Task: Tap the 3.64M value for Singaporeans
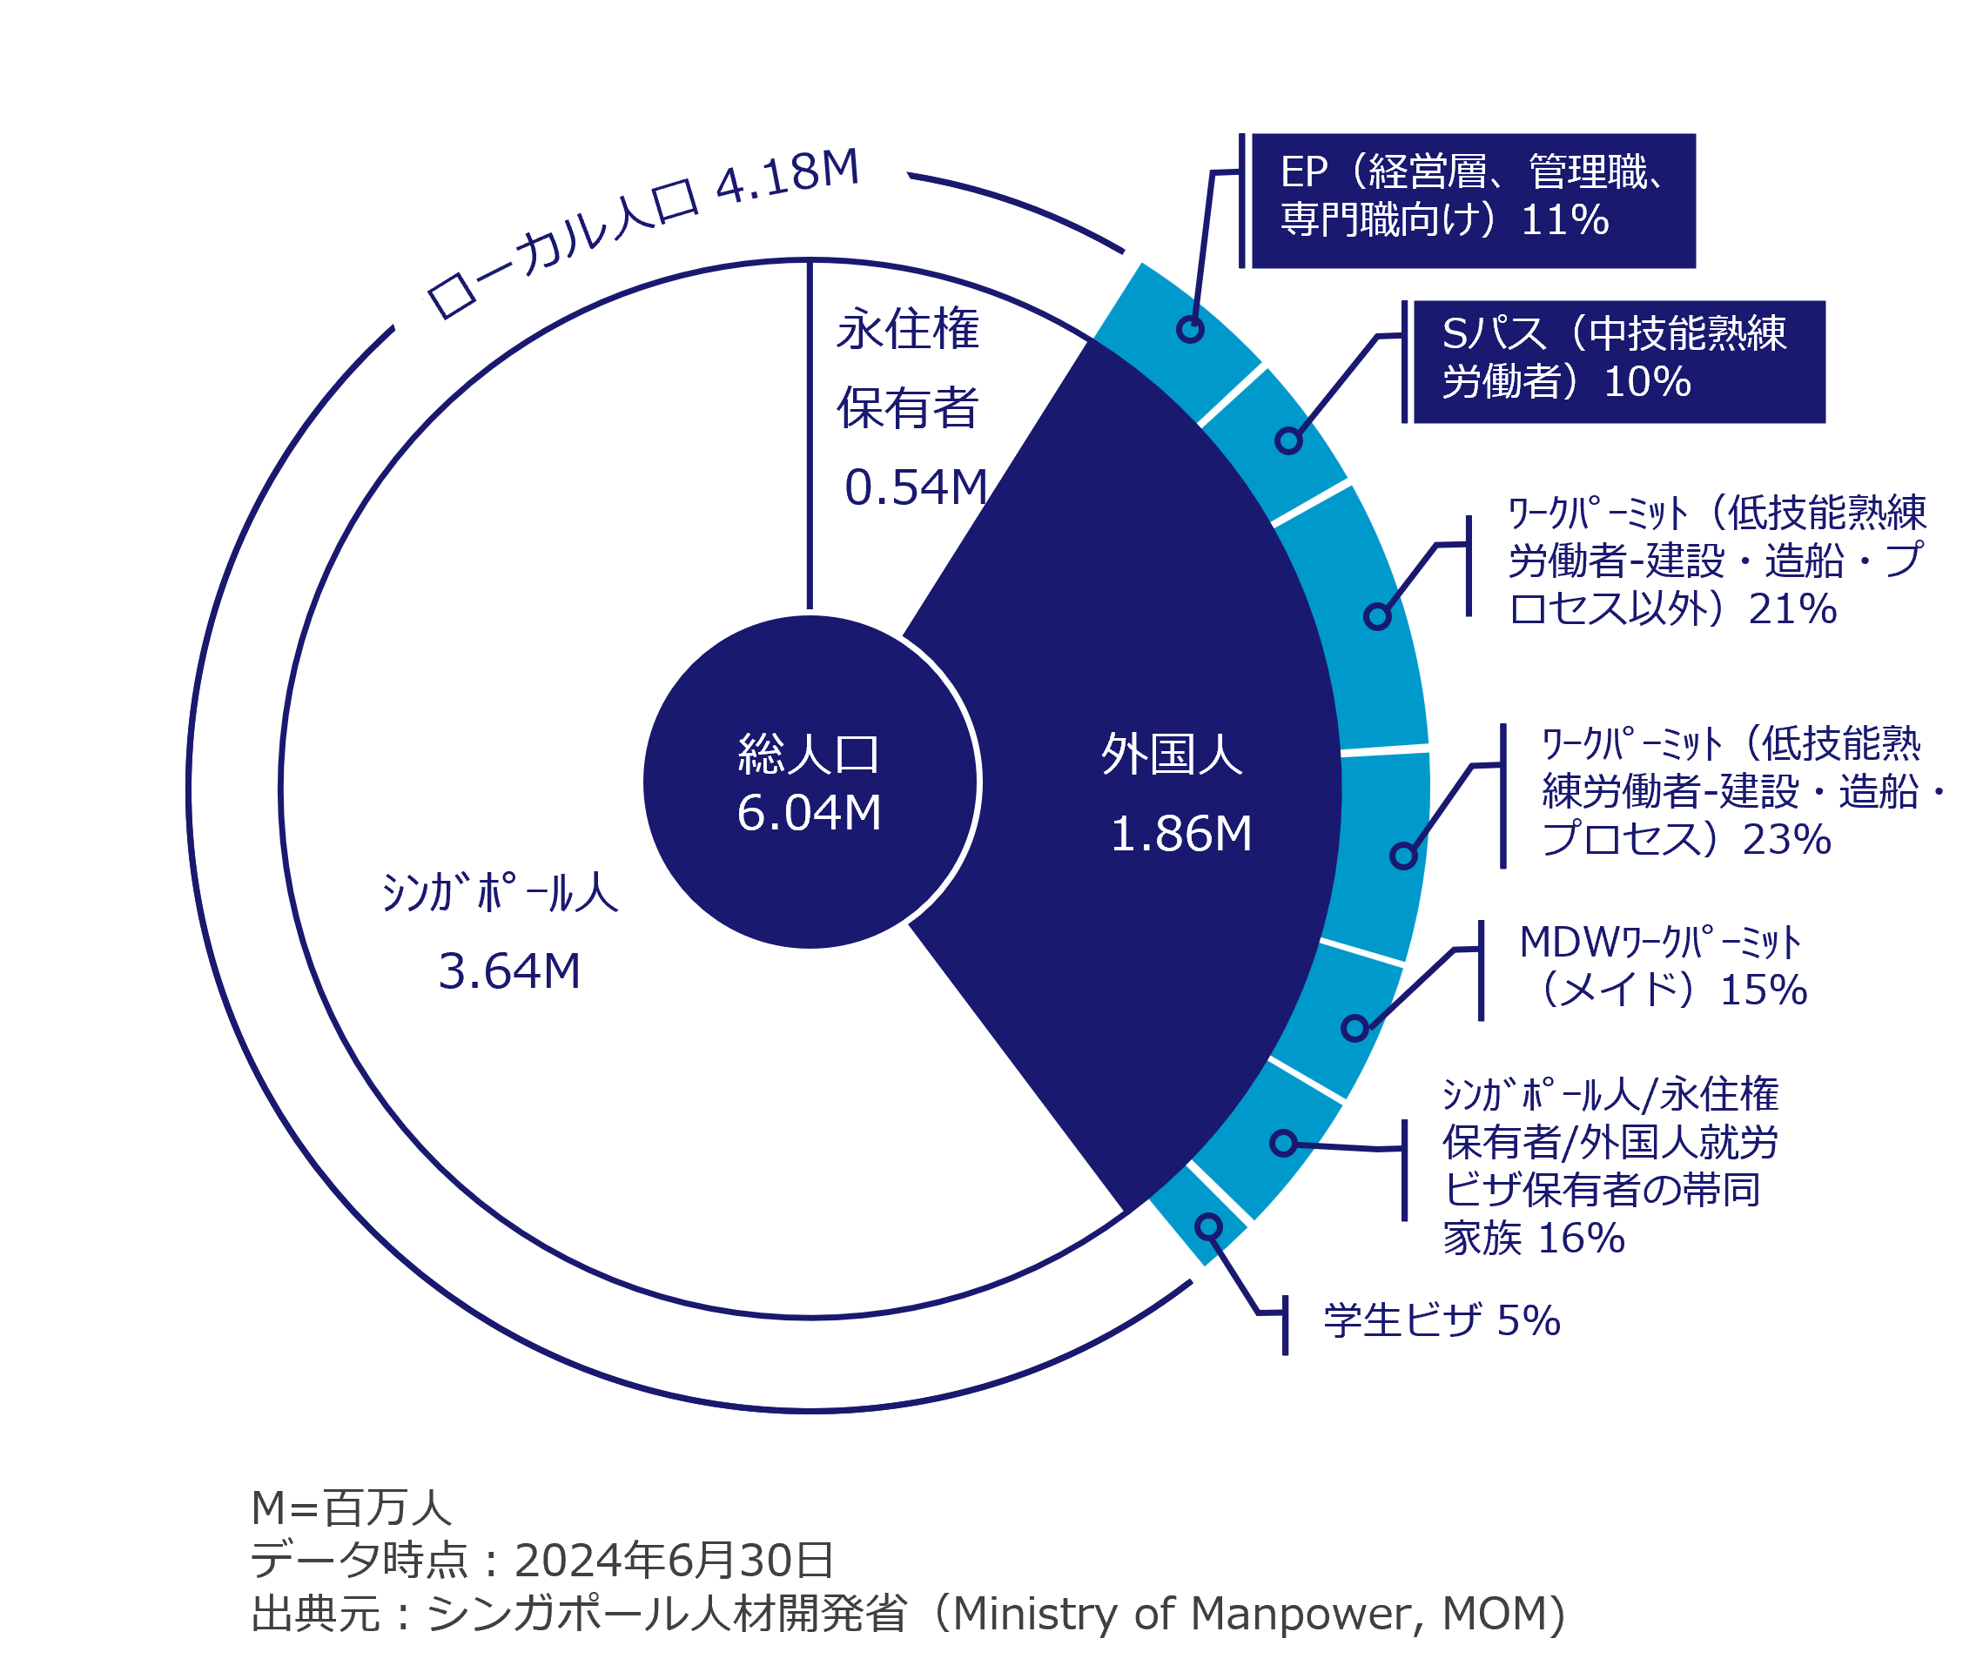tap(509, 971)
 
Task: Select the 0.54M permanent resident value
tap(916, 487)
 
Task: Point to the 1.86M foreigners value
tap(1181, 834)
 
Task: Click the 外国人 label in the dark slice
tap(1172, 755)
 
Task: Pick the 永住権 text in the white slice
tap(907, 330)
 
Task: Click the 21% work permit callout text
tap(1716, 561)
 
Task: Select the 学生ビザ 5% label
tap(1442, 1320)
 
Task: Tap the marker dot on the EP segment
tap(1191, 329)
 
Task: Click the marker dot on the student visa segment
tap(1208, 1227)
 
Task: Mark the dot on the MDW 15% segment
tap(1355, 1027)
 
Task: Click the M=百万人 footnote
tap(352, 1508)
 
